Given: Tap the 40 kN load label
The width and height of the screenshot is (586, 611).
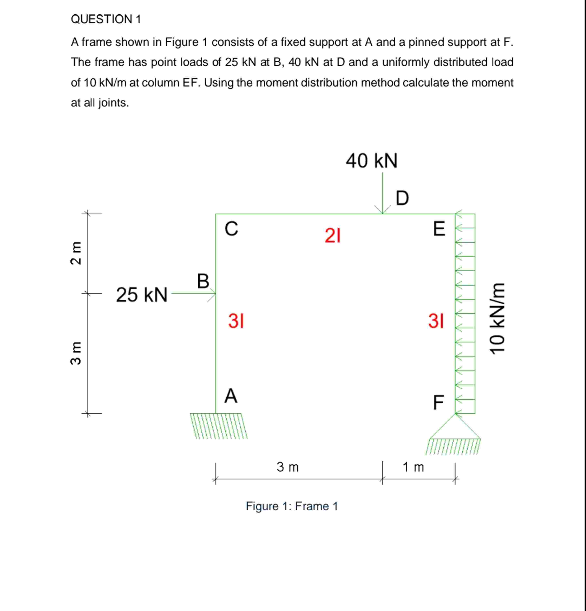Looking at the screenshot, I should point(371,161).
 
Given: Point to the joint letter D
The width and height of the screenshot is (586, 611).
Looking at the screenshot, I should point(402,198).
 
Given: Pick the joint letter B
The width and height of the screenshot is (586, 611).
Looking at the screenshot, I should point(203,281).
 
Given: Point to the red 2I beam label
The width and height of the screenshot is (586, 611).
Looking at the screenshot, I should point(333,236).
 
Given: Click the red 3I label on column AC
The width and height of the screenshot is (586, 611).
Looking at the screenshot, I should point(236,321).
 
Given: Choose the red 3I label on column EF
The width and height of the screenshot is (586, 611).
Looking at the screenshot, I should point(436,321).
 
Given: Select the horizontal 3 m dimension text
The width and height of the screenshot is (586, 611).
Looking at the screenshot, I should point(288,467).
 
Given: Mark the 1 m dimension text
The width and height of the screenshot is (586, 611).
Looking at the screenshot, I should point(413,467).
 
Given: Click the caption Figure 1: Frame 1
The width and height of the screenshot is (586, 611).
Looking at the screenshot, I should point(292,506).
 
